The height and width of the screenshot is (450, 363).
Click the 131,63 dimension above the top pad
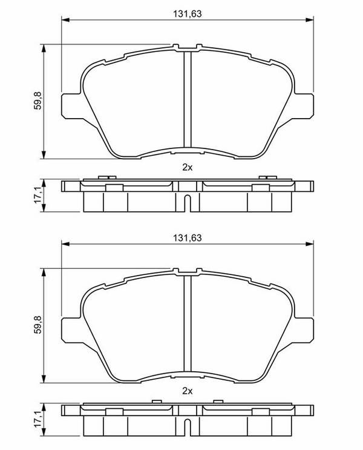[187, 13]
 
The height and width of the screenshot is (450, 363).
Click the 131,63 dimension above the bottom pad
[187, 238]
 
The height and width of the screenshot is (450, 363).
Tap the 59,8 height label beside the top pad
[38, 100]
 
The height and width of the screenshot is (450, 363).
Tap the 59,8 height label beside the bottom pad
[38, 325]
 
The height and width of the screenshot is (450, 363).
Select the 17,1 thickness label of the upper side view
[38, 195]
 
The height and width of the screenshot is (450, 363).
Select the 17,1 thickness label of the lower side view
[38, 419]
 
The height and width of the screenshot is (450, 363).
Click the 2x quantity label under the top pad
[188, 167]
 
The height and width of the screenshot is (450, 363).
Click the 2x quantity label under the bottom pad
[188, 391]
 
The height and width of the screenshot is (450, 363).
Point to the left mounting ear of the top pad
[71, 105]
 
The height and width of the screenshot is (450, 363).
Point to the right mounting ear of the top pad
[304, 105]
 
